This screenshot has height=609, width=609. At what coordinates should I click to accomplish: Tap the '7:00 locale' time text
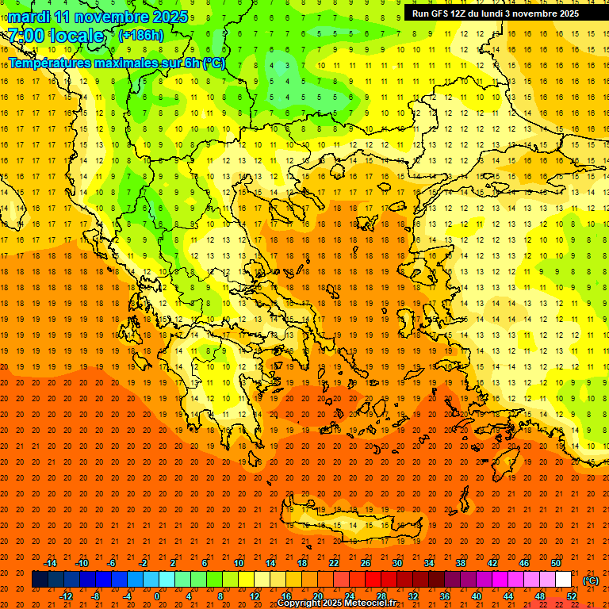(56, 36)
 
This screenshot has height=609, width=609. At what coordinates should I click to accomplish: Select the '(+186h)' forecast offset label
(141, 36)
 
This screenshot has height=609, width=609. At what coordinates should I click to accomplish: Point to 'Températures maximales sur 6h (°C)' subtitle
(117, 63)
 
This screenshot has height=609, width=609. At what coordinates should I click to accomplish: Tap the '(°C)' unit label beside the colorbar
(591, 580)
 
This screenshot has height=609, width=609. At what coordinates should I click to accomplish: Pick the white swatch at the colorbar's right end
(564, 580)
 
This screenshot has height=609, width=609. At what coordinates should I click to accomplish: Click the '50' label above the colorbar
(556, 563)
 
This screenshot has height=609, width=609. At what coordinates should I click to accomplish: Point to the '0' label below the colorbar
(157, 596)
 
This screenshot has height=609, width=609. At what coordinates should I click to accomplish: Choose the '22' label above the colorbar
(334, 563)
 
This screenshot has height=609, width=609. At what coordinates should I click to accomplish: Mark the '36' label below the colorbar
(445, 596)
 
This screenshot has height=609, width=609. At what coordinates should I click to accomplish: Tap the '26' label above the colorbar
(366, 563)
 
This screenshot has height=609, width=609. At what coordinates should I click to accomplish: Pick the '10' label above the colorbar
(239, 563)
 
